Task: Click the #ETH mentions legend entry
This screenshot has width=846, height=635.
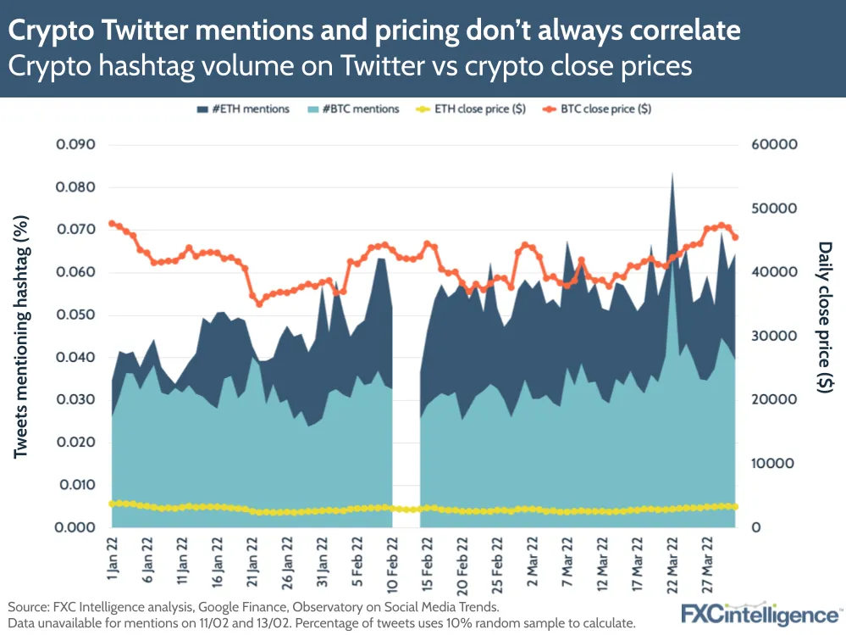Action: pyautogui.click(x=243, y=109)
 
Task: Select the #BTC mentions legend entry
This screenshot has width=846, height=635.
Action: pyautogui.click(x=353, y=109)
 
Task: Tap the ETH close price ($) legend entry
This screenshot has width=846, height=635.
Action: pyautogui.click(x=471, y=109)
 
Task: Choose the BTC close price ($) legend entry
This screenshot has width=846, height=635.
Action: pyautogui.click(x=597, y=109)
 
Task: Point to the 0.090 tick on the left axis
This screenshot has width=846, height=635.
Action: pyautogui.click(x=75, y=145)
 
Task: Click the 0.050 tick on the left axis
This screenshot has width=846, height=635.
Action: pyautogui.click(x=75, y=315)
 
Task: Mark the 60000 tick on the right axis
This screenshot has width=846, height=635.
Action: pyautogui.click(x=774, y=145)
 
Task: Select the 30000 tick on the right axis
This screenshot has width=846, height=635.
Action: pyautogui.click(x=774, y=336)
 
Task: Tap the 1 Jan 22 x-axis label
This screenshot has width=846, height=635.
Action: pyautogui.click(x=113, y=559)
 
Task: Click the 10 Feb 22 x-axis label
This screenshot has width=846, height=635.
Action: pyautogui.click(x=392, y=564)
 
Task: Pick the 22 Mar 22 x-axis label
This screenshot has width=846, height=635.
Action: pyautogui.click(x=672, y=565)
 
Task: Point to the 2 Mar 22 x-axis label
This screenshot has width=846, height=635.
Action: pyautogui.click(x=533, y=561)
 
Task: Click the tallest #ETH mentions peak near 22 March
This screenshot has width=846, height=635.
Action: pyautogui.click(x=672, y=175)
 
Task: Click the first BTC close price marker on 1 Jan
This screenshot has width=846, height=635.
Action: pyautogui.click(x=113, y=224)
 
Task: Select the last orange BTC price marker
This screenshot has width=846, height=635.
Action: pyautogui.click(x=735, y=237)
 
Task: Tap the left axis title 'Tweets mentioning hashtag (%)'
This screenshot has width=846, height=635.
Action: pyautogui.click(x=20, y=337)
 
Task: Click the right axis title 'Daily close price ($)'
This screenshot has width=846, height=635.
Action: pyautogui.click(x=825, y=317)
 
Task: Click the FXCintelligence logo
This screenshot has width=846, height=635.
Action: pyautogui.click(x=760, y=614)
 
